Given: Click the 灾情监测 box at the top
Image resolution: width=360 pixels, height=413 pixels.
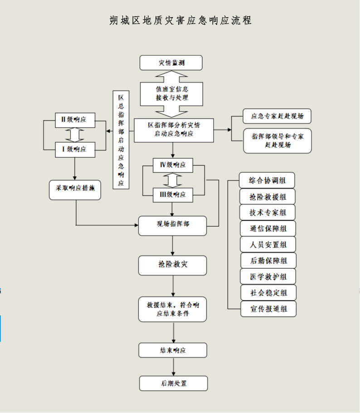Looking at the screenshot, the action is click(171, 63).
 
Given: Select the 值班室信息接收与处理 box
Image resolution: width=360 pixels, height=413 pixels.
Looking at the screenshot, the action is click(171, 94).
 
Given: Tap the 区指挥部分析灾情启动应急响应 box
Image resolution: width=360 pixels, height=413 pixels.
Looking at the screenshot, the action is click(174, 130).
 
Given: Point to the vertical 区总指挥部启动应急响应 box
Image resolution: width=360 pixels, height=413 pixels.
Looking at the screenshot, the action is click(121, 140).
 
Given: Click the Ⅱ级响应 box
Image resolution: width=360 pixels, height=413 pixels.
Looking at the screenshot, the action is click(75, 120).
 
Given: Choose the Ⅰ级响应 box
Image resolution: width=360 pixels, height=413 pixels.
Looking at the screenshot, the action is click(75, 150).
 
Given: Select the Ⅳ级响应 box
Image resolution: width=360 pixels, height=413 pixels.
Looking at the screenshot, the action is click(173, 165).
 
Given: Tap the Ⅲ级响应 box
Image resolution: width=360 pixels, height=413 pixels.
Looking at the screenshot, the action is click(173, 195).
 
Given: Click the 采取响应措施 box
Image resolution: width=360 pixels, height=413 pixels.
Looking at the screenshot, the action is click(75, 190).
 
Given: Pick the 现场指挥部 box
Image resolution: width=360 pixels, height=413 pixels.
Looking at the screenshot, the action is click(172, 226).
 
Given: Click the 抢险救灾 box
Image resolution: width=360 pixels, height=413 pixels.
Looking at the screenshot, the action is click(172, 265).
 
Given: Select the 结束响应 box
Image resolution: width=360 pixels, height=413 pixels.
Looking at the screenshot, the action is click(173, 350).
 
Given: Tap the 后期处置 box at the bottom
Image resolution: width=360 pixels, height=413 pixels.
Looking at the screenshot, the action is click(174, 383).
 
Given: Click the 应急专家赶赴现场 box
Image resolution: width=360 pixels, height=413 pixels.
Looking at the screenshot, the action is click(277, 116).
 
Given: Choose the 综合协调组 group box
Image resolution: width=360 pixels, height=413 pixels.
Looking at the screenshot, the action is click(267, 180).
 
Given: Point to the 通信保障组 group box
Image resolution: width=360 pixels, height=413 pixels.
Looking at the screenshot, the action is click(268, 228).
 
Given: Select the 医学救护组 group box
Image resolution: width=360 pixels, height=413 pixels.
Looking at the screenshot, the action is click(268, 277).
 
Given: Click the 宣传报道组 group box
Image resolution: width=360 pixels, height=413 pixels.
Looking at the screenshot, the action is click(268, 309).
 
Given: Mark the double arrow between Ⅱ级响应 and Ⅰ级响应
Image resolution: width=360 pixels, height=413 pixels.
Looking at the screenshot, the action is click(75, 135).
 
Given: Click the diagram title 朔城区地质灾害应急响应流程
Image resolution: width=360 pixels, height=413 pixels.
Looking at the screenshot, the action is click(180, 20).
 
